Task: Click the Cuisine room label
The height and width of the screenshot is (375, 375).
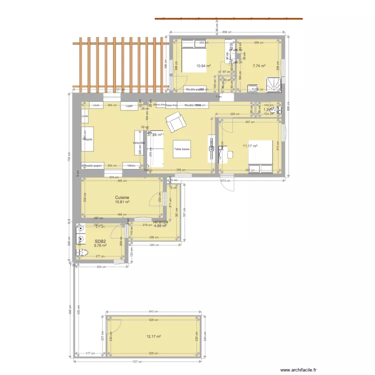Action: click(x=122, y=197)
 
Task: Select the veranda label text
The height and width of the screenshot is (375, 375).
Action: click(x=160, y=221)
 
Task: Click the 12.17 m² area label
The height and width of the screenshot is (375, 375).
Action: click(x=153, y=336)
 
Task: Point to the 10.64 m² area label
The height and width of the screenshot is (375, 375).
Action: click(x=203, y=65)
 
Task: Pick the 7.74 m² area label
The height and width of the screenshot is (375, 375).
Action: click(x=258, y=65)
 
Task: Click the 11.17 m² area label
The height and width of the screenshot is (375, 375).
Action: click(x=249, y=146)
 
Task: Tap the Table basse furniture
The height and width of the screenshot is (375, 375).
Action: click(x=181, y=149)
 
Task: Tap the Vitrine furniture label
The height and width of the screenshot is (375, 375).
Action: click(x=131, y=165)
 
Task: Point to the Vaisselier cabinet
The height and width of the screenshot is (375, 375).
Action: click(x=138, y=143)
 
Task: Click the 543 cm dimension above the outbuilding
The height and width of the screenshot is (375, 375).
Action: click(x=154, y=311)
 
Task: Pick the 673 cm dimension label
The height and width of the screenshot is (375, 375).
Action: click(x=225, y=180)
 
